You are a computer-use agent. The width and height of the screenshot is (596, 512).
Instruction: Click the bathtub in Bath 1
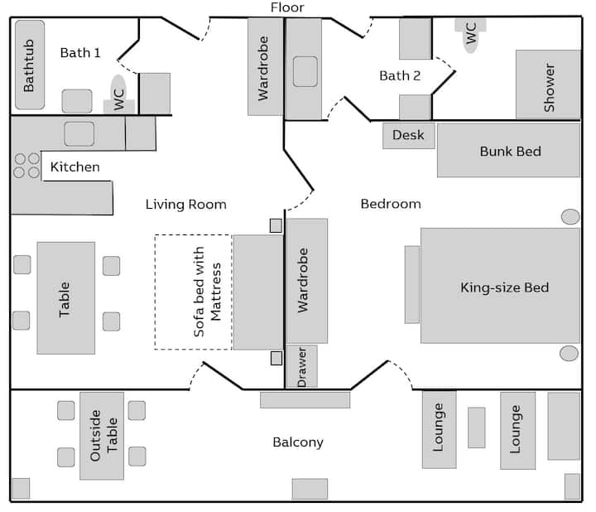30,65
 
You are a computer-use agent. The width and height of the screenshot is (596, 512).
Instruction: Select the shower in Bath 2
548,85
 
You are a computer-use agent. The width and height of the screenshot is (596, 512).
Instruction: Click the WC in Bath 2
470,35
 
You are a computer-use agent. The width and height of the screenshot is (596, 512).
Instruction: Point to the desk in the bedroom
408,135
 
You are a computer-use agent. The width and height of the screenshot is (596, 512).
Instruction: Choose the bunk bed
508,151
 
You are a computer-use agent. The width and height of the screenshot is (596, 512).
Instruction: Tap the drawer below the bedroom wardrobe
301,366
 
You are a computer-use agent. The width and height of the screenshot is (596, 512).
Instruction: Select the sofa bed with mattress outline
193,292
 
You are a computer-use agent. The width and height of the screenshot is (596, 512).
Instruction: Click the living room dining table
65,298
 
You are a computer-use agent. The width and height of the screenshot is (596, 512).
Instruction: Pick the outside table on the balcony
102,436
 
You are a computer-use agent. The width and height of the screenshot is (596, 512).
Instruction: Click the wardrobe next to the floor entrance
264,67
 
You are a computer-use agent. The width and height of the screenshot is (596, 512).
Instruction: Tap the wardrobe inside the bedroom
306,280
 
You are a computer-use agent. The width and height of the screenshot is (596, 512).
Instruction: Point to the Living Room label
185,204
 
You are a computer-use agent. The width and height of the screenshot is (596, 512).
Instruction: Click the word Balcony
298,442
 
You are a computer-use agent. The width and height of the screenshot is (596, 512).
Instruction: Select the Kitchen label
74,167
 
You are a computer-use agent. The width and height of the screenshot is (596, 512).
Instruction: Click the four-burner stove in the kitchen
26,166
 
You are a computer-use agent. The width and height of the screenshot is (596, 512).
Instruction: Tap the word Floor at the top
287,7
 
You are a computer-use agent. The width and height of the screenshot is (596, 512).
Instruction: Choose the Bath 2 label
400,75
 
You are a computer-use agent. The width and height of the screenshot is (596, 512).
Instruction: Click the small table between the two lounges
476,427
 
